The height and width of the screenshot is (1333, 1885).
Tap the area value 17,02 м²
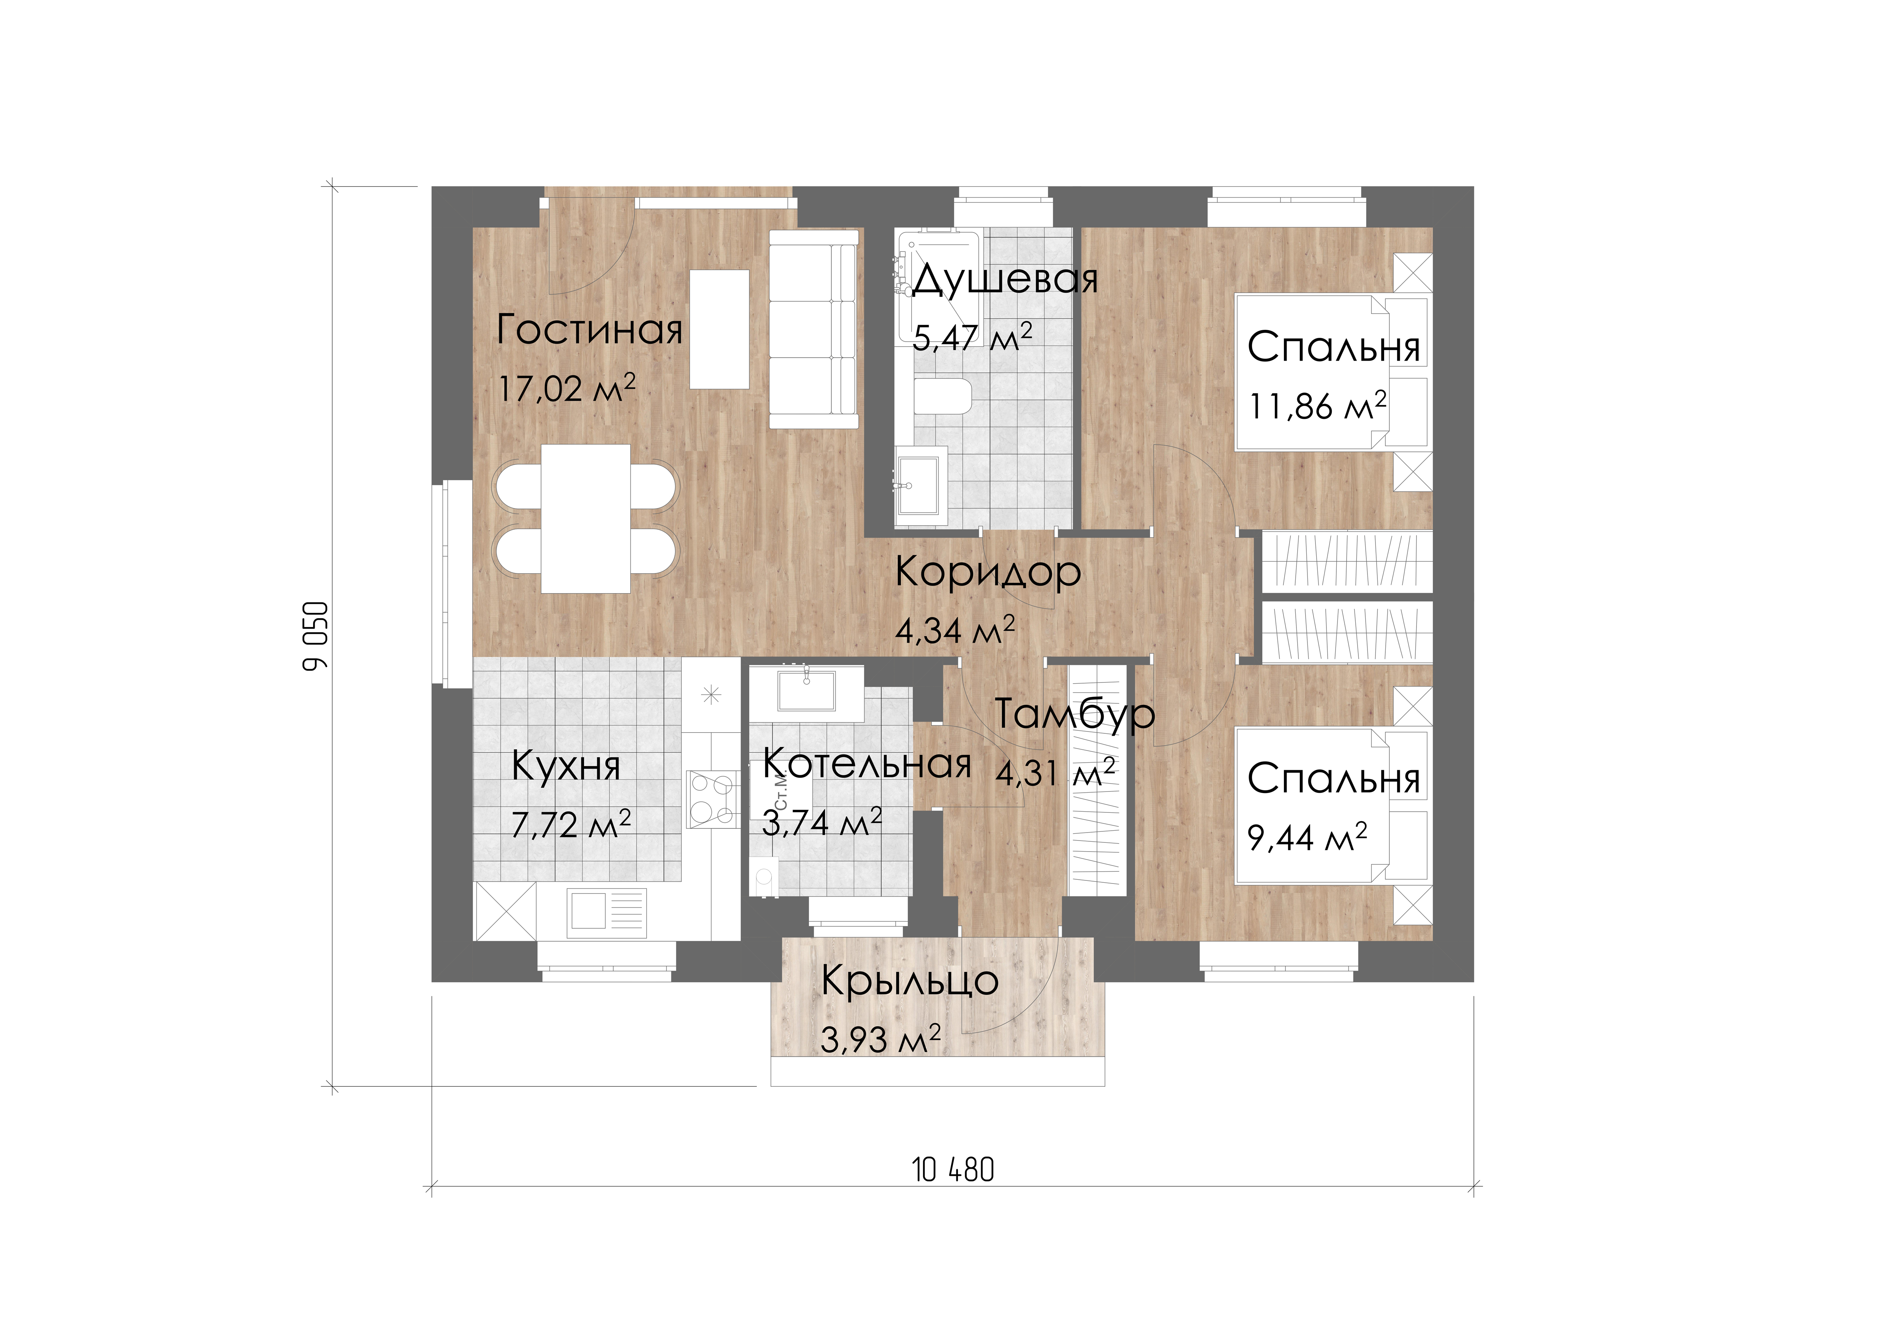pyautogui.click(x=567, y=388)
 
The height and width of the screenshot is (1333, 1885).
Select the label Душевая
pyautogui.click(x=1005, y=279)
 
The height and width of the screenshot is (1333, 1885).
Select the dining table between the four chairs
pyautogui.click(x=586, y=519)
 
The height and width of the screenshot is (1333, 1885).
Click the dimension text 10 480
pyautogui.click(x=952, y=1170)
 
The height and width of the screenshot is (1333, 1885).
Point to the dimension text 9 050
pyautogui.click(x=315, y=636)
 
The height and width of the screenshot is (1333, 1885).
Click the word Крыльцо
pyautogui.click(x=910, y=981)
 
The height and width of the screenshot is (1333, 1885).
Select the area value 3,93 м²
pyautogui.click(x=880, y=1039)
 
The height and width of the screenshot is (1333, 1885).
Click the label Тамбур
pyautogui.click(x=1075, y=713)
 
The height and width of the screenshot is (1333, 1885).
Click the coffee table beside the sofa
pyautogui.click(x=719, y=329)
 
